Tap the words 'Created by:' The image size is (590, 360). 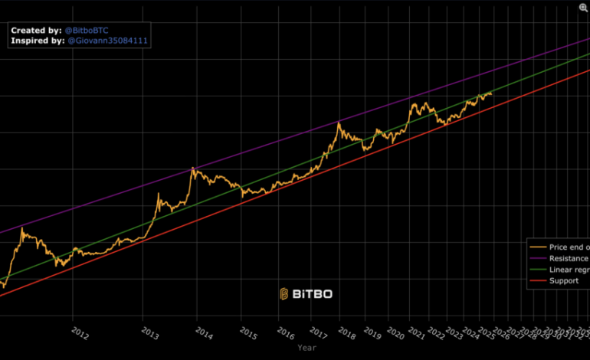[35, 29]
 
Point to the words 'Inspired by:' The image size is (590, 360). [38, 41]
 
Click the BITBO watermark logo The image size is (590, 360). [306, 293]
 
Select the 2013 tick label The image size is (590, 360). [150, 332]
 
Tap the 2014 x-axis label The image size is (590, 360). [204, 332]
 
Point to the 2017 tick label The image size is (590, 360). [320, 332]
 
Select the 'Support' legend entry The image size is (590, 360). [565, 281]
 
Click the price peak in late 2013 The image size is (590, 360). [192, 168]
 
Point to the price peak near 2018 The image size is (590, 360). [339, 122]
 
